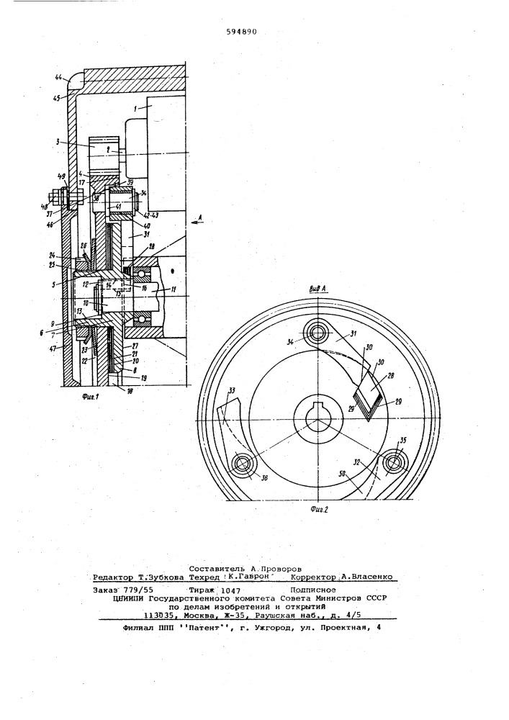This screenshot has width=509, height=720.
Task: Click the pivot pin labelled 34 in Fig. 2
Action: (x=315, y=331)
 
